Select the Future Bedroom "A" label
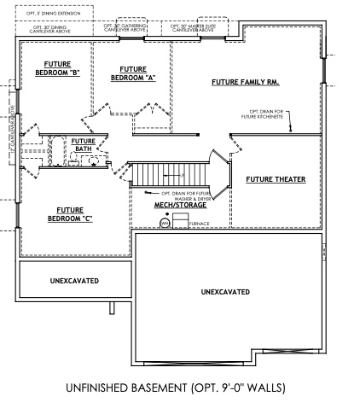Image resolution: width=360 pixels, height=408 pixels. [x=133, y=73]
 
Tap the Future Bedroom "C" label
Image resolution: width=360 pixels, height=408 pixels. [x=74, y=213]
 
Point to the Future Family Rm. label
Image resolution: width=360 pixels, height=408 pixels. [x=246, y=83]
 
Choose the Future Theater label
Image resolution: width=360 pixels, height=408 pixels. [x=276, y=179]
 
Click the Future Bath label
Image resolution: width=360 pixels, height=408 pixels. [x=83, y=145]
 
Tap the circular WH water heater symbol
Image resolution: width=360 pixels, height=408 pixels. [x=165, y=223]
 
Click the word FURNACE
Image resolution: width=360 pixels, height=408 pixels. [x=199, y=224]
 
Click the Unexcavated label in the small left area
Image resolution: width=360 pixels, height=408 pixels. [x=74, y=280]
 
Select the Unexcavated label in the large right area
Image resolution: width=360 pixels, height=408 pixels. [x=225, y=292]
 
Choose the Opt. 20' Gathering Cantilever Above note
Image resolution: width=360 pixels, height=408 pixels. [x=124, y=28]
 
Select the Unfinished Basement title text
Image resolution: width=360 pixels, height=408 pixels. [x=179, y=388]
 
